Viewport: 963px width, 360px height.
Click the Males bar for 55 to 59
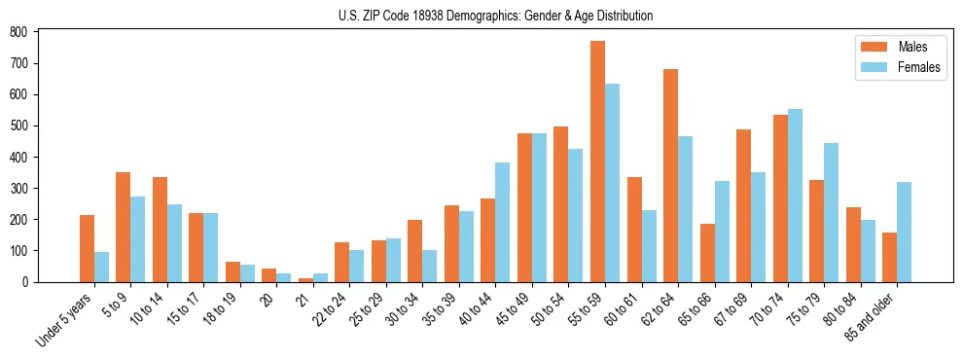click(x=597, y=162)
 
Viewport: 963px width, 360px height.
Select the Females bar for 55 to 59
click(x=612, y=183)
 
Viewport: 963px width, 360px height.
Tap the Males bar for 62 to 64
click(x=670, y=175)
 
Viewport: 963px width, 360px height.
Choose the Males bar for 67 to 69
click(x=743, y=205)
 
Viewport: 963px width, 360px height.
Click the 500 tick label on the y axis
click(x=19, y=126)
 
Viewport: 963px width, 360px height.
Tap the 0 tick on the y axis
click(x=31, y=282)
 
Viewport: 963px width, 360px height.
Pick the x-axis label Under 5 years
click(x=65, y=316)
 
